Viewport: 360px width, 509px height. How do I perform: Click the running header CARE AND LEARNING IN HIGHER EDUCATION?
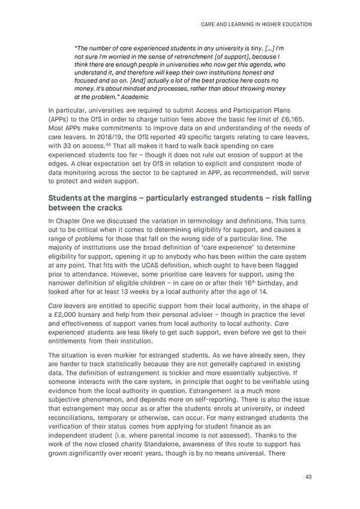click(x=254, y=25)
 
